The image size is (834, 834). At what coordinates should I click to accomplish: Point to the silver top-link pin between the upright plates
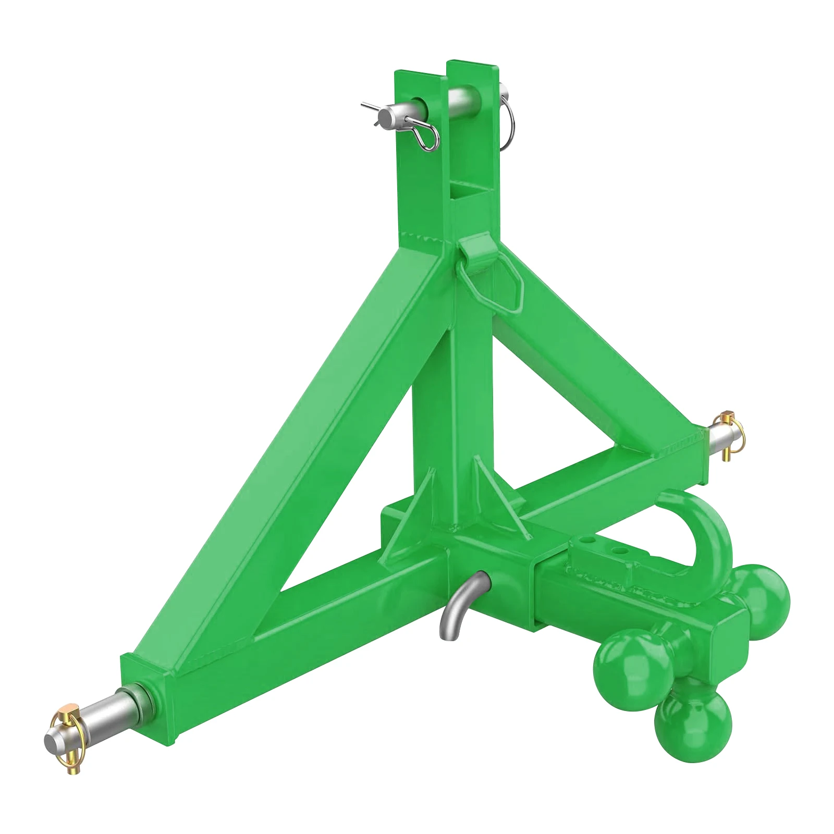(464, 99)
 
